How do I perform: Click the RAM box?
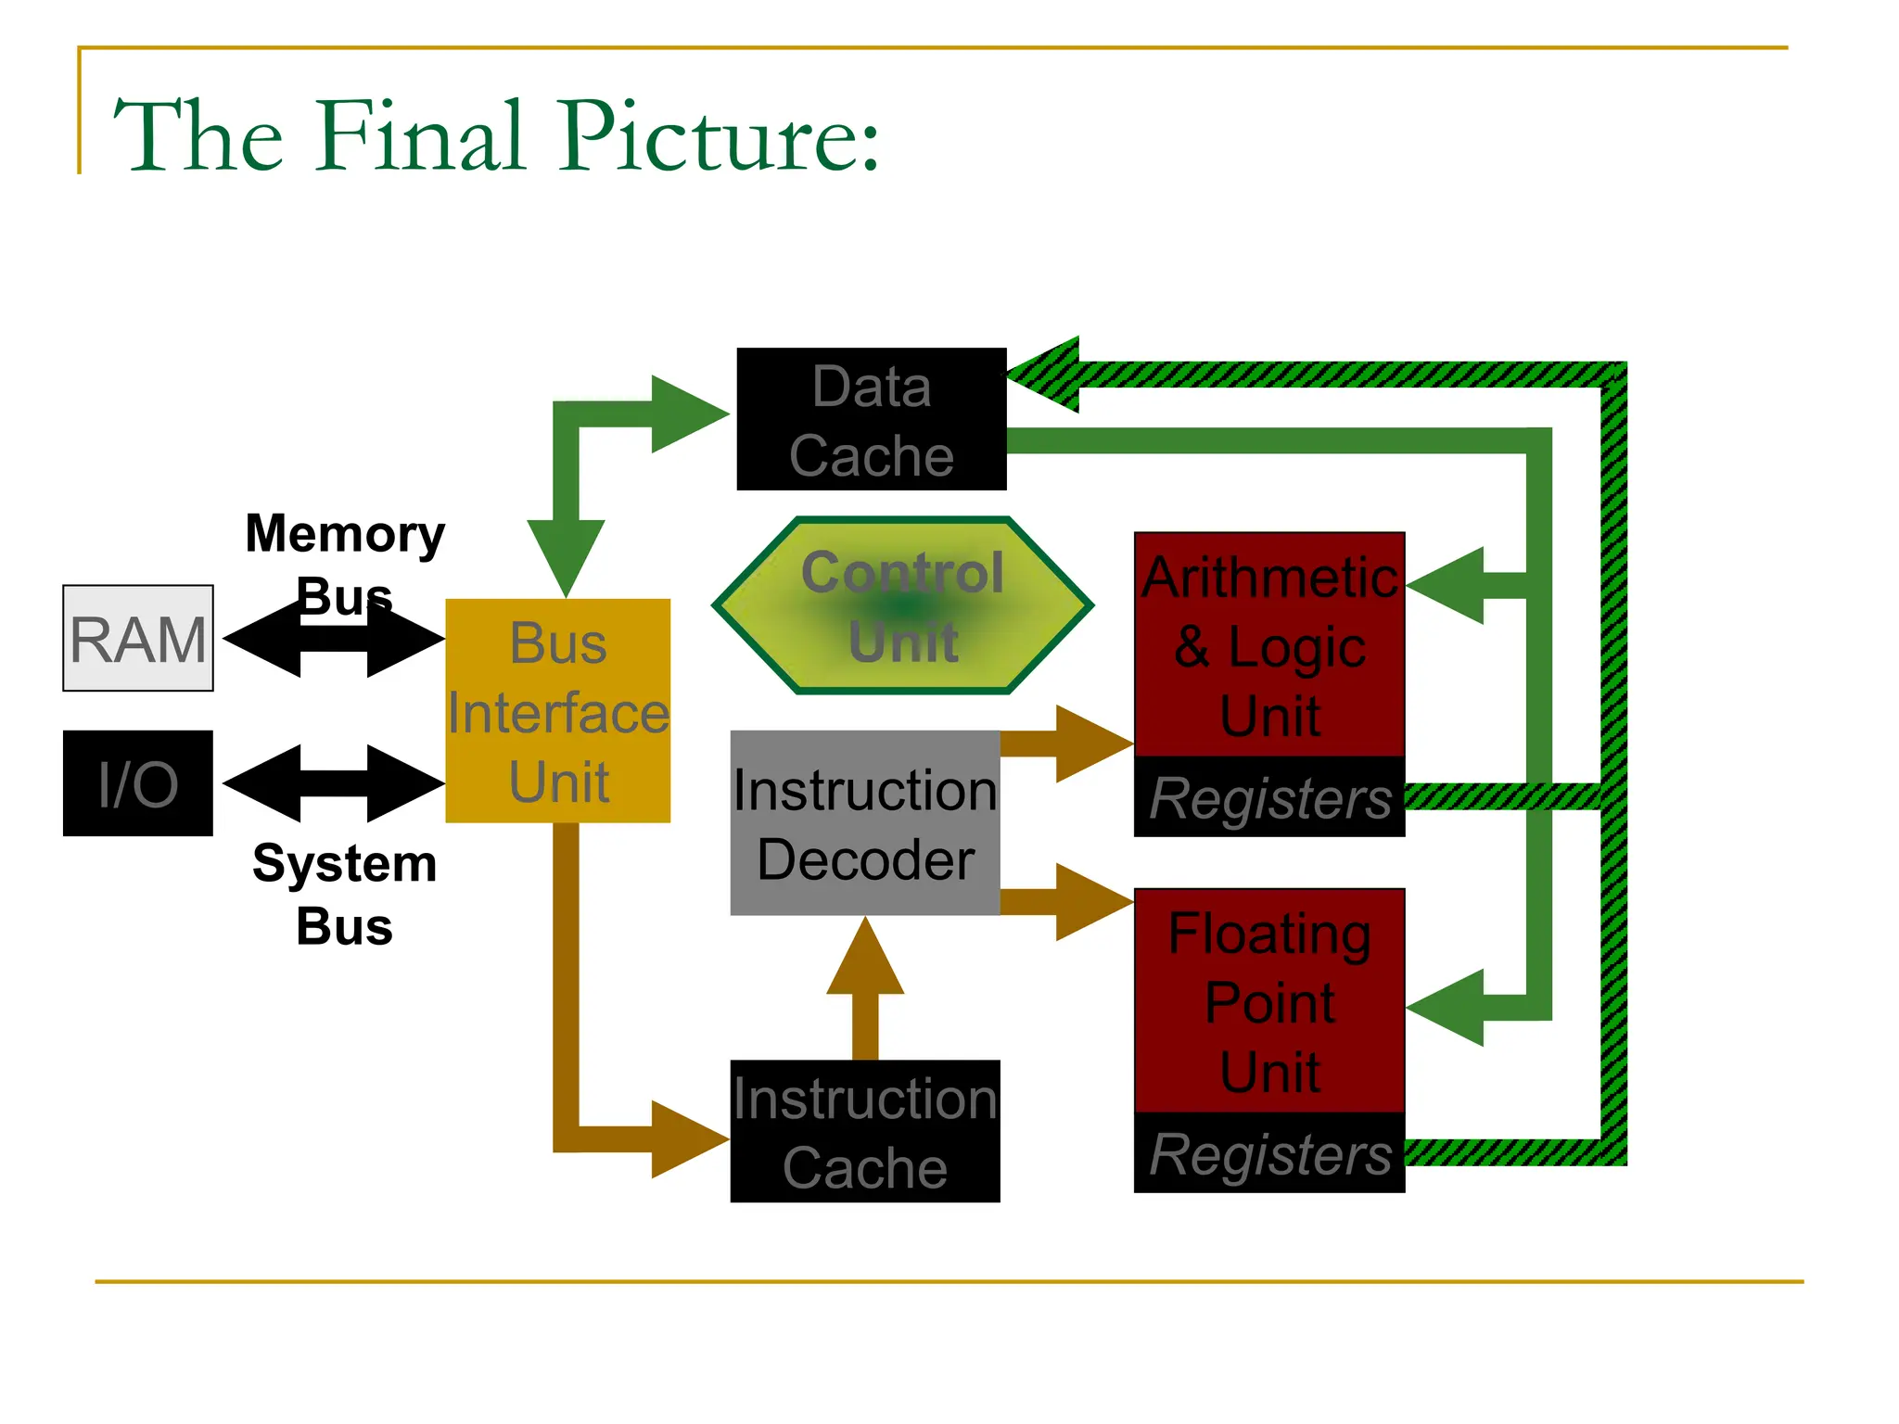pyautogui.click(x=137, y=638)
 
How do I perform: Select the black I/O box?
pyautogui.click(x=137, y=783)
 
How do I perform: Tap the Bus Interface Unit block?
pyautogui.click(x=557, y=711)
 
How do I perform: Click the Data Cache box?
pyautogui.click(x=871, y=419)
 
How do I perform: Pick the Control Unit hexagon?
pyautogui.click(x=902, y=605)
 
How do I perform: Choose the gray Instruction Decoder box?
pyautogui.click(x=864, y=823)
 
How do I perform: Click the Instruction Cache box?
pyautogui.click(x=864, y=1131)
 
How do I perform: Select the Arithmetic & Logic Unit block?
pyautogui.click(x=1269, y=644)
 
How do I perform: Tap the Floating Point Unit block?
pyautogui.click(x=1269, y=1000)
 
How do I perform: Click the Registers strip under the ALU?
pyautogui.click(x=1269, y=797)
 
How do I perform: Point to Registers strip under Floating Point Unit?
pyautogui.click(x=1269, y=1153)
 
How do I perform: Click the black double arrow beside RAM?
pyautogui.click(x=334, y=638)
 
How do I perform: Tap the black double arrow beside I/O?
pyautogui.click(x=334, y=783)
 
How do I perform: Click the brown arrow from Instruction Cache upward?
pyautogui.click(x=865, y=983)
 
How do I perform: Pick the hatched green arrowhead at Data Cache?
pyautogui.click(x=1048, y=375)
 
